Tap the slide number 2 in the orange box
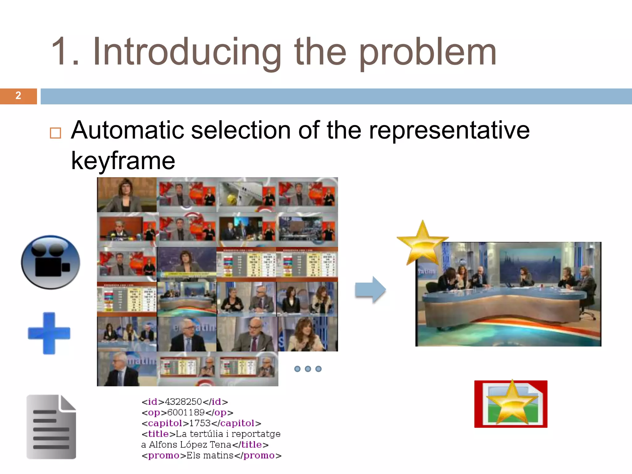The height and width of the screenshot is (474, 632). (18, 96)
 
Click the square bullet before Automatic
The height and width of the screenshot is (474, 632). (56, 133)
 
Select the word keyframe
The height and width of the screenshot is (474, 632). (123, 161)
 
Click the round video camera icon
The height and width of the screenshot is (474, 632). (51, 262)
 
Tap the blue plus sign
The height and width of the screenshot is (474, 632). (49, 333)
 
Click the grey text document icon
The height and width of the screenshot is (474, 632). (51, 427)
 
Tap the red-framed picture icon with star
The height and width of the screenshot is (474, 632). (511, 404)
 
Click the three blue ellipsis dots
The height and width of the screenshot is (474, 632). (308, 369)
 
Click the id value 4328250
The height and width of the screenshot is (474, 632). (183, 402)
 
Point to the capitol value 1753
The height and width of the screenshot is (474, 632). (200, 423)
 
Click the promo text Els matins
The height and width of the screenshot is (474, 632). (210, 455)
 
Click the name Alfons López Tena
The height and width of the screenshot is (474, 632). (190, 445)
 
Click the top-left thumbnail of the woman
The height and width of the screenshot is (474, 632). (127, 195)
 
